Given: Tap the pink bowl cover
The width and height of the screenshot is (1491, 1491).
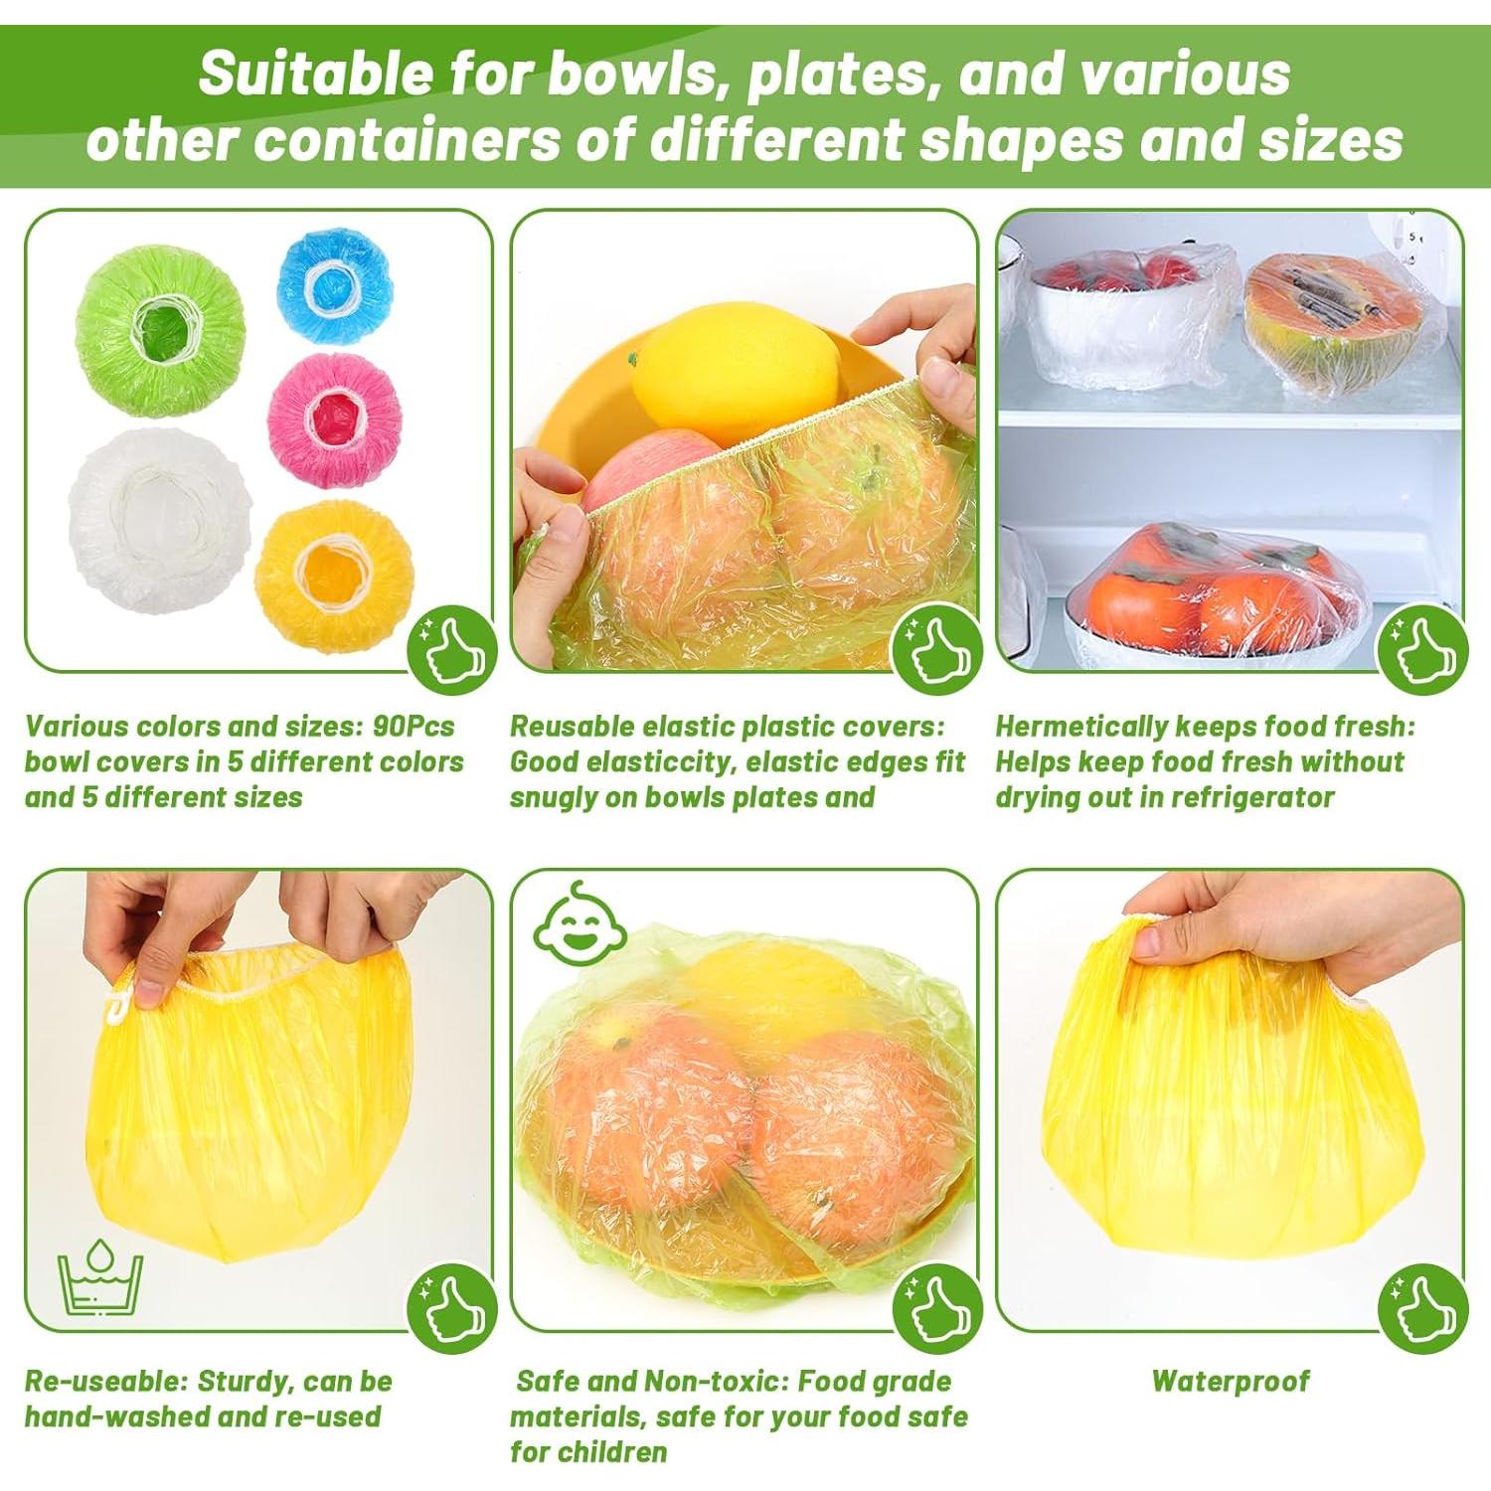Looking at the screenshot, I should (x=334, y=418).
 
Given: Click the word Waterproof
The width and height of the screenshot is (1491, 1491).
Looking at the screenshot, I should (x=1230, y=1381).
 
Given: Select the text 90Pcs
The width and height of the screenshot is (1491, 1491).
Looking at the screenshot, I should (x=414, y=726).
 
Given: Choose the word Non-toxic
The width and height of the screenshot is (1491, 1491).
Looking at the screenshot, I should (x=712, y=1382).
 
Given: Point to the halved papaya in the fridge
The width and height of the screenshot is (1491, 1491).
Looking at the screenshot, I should (x=1319, y=323).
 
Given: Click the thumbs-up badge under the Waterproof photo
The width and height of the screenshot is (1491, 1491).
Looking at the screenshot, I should (x=1422, y=1310).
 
